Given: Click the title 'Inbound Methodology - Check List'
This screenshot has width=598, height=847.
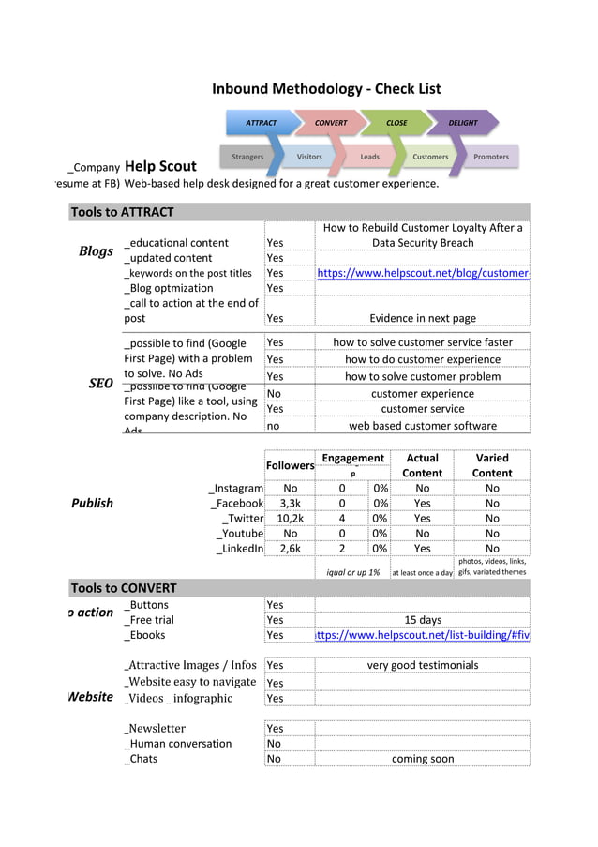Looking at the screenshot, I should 325,89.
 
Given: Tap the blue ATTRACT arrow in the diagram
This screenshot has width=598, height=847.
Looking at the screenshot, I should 261,123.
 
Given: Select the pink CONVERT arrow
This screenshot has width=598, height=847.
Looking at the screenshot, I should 330,123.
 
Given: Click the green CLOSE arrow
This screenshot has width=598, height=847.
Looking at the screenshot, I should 396,123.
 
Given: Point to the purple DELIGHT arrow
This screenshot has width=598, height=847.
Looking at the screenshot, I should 463,123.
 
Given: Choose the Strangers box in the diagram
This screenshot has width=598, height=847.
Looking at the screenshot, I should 247,157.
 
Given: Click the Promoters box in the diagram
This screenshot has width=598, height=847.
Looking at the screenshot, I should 491,157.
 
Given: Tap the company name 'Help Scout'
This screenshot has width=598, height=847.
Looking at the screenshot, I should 160,167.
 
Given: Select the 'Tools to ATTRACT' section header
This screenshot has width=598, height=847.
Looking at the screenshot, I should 122,212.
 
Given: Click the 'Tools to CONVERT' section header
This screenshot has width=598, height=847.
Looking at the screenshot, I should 124,588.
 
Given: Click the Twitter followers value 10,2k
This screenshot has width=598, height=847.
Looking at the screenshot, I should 290,518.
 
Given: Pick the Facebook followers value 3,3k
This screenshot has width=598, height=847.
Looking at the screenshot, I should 290,503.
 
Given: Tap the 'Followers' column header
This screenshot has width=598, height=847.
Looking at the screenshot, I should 290,465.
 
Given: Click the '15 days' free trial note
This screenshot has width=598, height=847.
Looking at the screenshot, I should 423,620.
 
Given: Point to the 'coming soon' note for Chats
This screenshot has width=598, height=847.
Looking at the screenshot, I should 423,759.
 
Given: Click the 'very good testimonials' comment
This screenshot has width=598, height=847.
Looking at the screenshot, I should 423,665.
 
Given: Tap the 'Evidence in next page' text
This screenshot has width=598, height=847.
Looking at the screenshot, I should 423,318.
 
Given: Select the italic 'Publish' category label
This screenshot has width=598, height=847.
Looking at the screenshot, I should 92,503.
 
